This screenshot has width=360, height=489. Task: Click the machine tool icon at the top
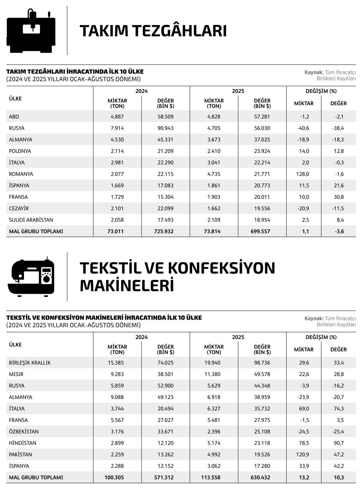tap(31, 31)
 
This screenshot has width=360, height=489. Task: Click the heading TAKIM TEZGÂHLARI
tap(153, 31)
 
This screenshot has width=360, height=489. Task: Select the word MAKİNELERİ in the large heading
tap(127, 286)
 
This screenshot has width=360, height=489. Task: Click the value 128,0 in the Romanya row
tap(304, 174)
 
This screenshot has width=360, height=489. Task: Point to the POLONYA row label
tap(20, 151)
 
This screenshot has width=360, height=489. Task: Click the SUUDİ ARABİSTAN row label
tap(31, 220)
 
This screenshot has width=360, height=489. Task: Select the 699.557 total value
tap(260, 231)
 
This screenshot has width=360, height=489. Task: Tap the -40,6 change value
tap(303, 128)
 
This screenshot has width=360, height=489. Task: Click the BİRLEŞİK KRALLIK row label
tap(30, 362)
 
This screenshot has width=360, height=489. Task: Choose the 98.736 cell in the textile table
tap(262, 362)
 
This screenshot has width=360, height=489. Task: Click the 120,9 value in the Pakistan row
tap(304, 454)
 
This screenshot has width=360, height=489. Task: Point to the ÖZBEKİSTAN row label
tap(24, 431)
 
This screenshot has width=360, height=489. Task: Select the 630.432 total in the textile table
tap(260, 478)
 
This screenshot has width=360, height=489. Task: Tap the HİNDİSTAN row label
tap(22, 443)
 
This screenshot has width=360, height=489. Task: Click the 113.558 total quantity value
tap(212, 478)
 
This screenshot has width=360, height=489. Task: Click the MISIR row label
tap(16, 374)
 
